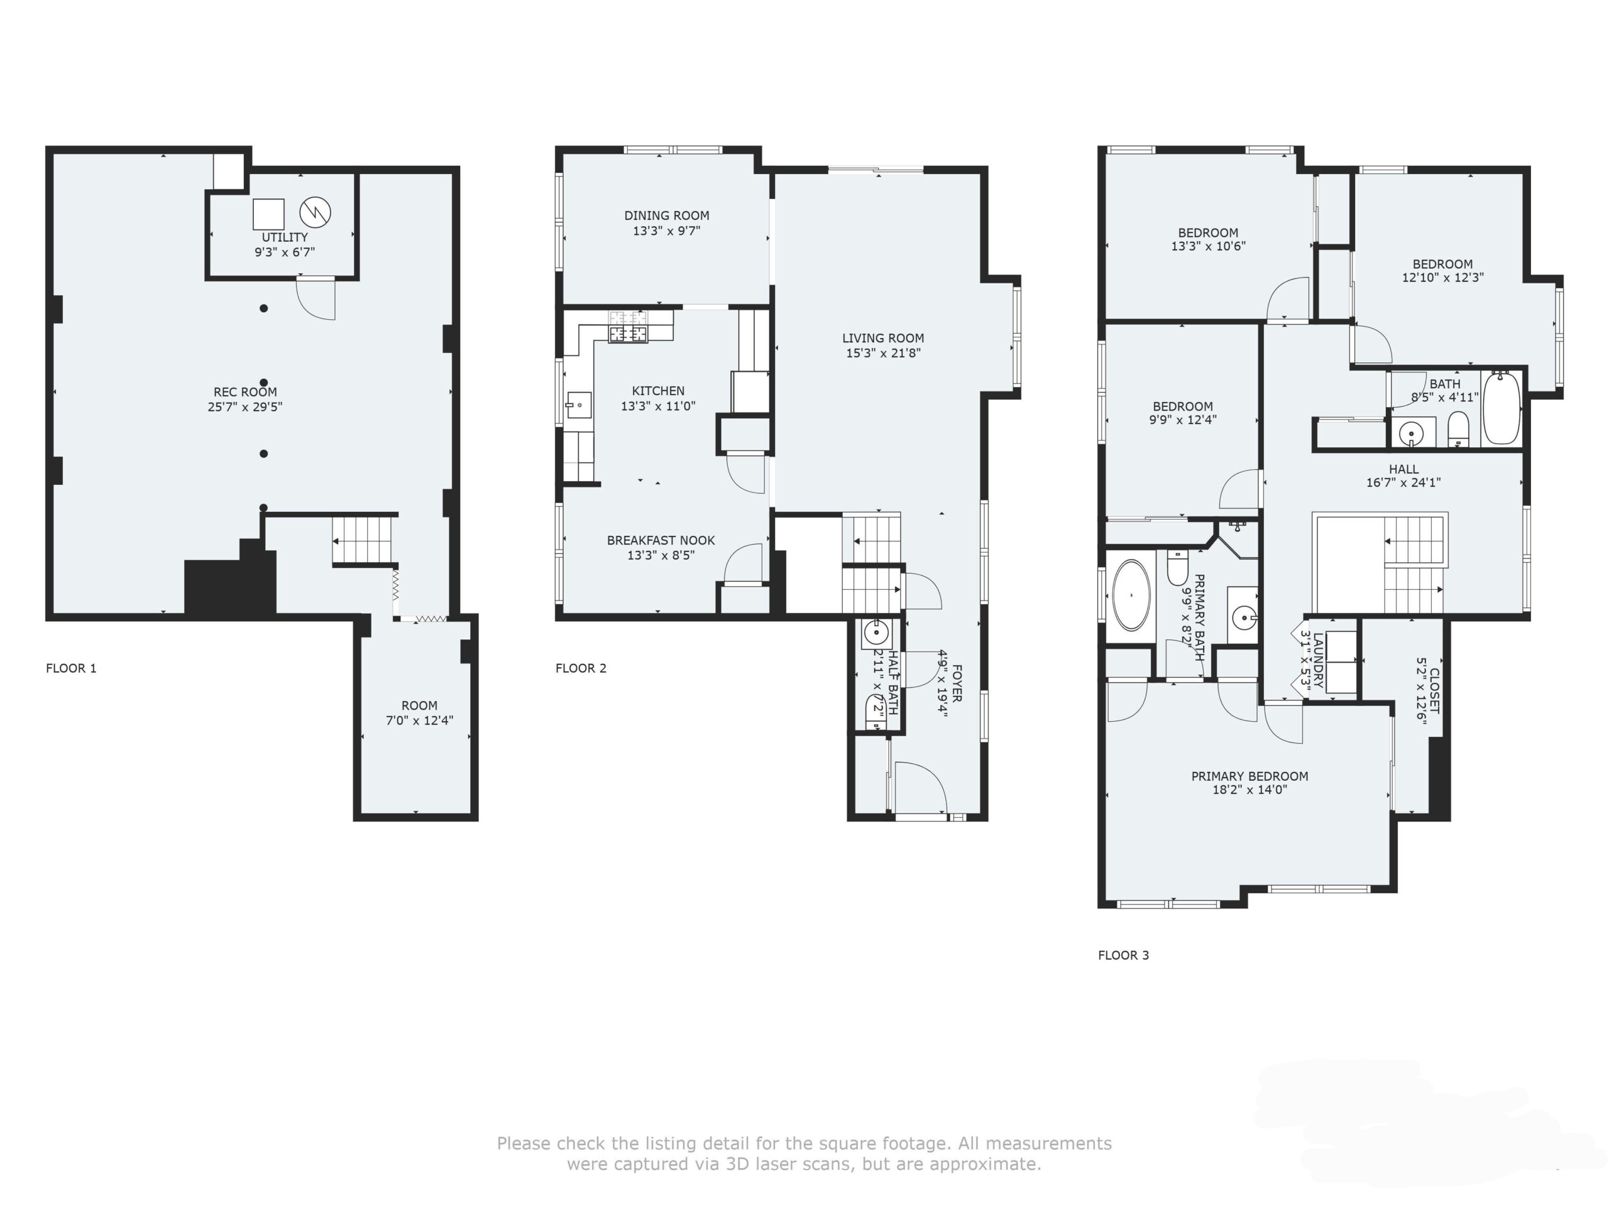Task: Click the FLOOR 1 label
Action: tap(71, 668)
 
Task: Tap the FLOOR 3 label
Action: tap(1124, 955)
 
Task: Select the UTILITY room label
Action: tap(285, 237)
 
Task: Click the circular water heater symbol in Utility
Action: tap(316, 212)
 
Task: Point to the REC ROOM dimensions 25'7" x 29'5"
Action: tap(245, 407)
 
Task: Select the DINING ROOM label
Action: tap(667, 215)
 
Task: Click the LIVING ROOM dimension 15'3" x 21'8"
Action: tap(883, 353)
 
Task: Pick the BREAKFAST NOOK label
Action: tap(661, 540)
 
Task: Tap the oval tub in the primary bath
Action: tap(1132, 595)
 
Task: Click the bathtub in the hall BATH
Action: tap(1502, 408)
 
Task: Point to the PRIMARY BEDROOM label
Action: tap(1249, 776)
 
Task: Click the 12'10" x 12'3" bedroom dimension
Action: tap(1443, 277)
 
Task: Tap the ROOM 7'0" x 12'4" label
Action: tap(420, 712)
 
